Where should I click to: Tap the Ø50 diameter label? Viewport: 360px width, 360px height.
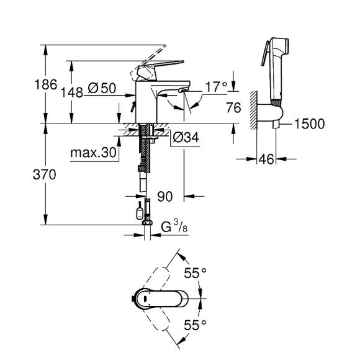pyautogui.click(x=102, y=89)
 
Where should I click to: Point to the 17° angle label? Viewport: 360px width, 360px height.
pyautogui.click(x=216, y=87)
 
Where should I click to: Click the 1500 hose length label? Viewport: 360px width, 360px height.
pyautogui.click(x=309, y=124)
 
